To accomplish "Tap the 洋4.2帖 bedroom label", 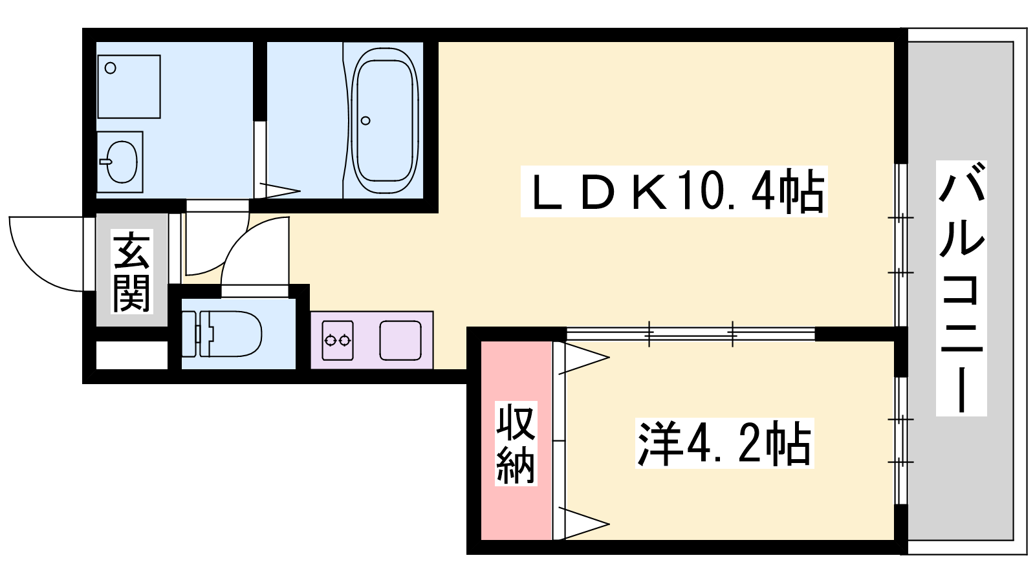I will [724, 444].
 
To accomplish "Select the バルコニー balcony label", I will [962, 288].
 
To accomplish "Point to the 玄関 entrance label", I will [131, 272].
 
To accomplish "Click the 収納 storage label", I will [516, 443].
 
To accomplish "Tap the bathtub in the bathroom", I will [384, 120].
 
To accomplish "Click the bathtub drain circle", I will [365, 120].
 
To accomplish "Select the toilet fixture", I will [223, 334].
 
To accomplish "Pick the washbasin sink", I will [120, 162].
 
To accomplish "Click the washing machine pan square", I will [129, 87].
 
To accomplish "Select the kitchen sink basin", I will [400, 340].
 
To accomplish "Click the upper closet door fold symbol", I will [582, 358].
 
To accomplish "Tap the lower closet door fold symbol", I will [582, 523].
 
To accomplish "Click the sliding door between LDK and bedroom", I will [690, 334].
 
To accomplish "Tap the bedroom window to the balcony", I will [900, 440].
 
